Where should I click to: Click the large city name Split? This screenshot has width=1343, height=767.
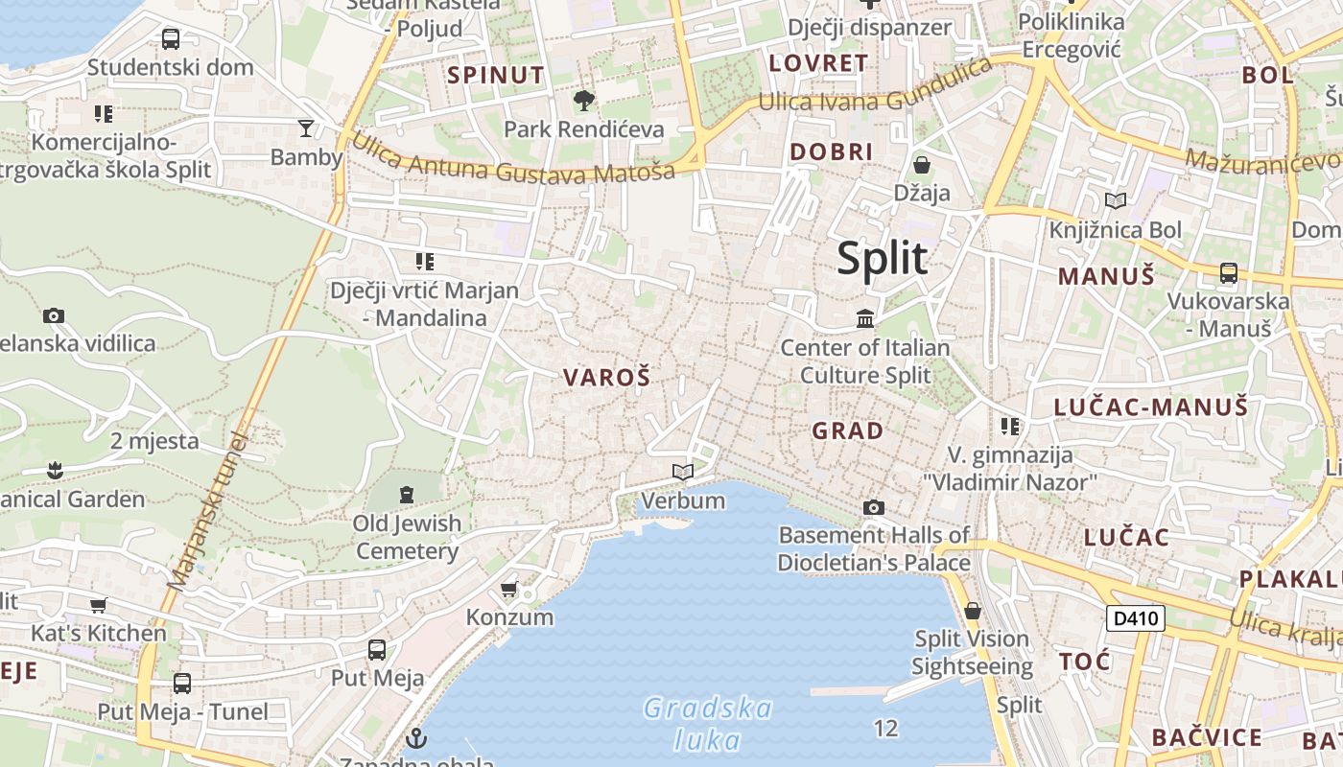(883, 258)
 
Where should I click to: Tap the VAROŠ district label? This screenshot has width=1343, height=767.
(607, 377)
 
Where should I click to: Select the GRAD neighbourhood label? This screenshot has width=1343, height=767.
(848, 430)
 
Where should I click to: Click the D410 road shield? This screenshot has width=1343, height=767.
(1135, 618)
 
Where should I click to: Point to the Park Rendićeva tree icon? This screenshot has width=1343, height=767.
(583, 100)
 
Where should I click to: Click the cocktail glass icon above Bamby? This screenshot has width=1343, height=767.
(306, 128)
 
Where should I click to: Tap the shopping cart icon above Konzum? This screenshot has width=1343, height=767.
(509, 588)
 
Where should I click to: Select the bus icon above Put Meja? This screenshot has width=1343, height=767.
(377, 650)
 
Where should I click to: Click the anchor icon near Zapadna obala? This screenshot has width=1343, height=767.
(416, 738)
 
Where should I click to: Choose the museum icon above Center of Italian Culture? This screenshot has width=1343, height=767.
(865, 318)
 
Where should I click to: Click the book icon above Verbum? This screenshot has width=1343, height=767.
(683, 472)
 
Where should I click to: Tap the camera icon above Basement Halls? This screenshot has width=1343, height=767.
(874, 507)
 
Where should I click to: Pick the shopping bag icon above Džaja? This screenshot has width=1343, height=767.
(922, 164)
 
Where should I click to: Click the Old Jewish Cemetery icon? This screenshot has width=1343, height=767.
(407, 495)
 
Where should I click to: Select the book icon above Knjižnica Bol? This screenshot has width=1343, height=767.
(1115, 200)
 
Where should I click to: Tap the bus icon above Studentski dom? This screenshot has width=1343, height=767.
(171, 39)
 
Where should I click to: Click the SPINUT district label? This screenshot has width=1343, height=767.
(496, 75)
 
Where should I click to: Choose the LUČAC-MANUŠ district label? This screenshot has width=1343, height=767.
(1151, 407)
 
